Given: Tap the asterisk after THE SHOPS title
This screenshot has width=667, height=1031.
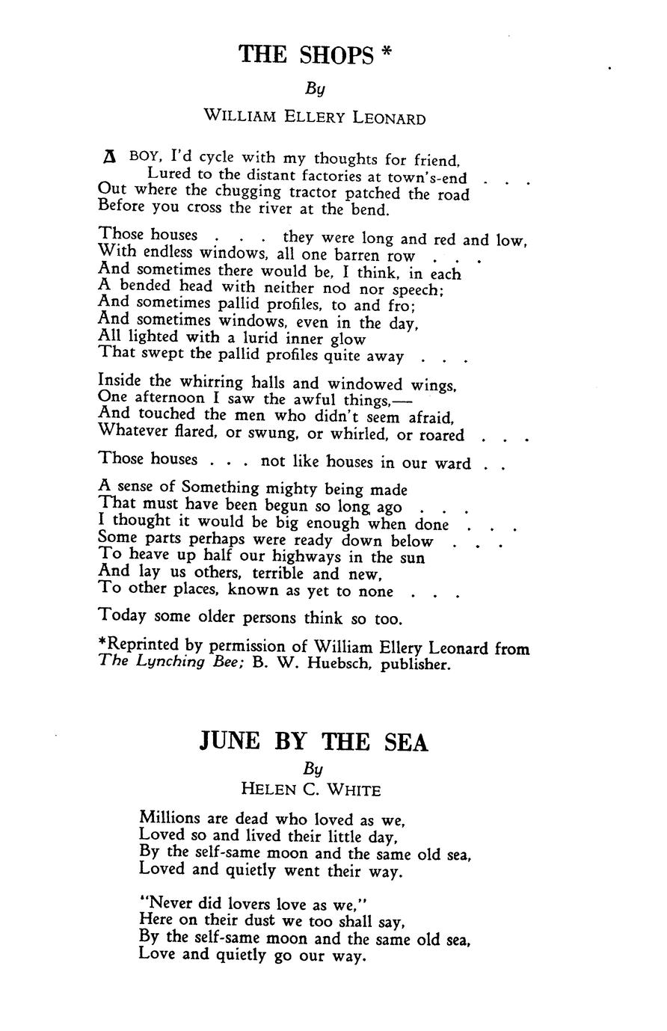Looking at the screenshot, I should (x=386, y=53).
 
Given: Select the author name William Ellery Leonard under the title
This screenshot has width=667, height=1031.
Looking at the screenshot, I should (x=315, y=117).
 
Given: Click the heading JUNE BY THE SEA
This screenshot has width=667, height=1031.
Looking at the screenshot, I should (x=314, y=742).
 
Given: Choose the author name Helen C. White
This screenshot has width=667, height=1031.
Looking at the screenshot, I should (x=311, y=789).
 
